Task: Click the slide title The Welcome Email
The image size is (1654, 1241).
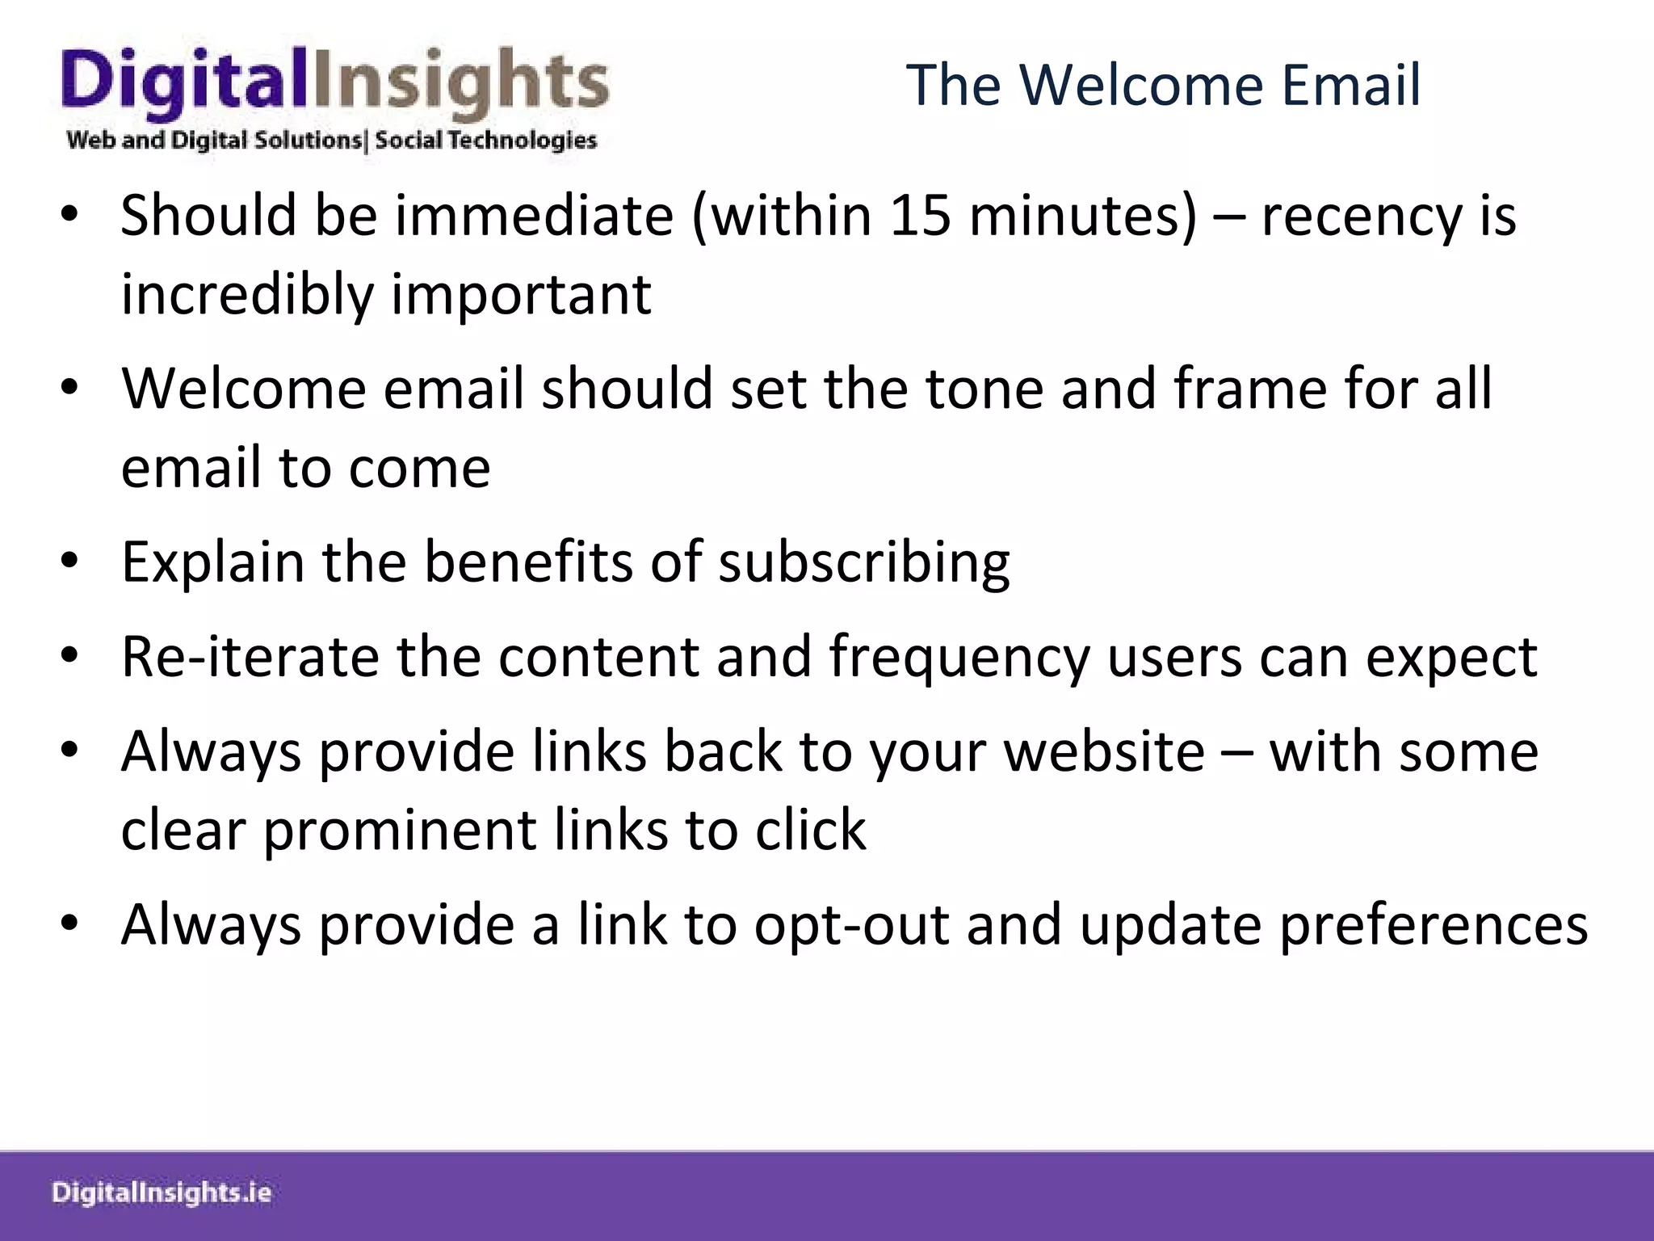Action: (x=1163, y=85)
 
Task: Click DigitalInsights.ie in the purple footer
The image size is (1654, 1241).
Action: (x=162, y=1193)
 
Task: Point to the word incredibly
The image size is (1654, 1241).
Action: (x=247, y=295)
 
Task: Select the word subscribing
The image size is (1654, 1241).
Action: (x=863, y=563)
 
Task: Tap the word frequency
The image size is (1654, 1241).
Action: (x=959, y=658)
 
